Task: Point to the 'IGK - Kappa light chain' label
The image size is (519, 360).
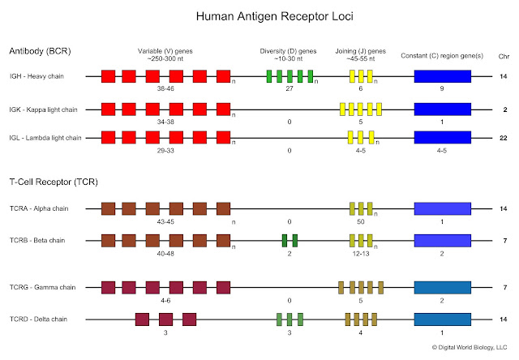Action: coord(48,108)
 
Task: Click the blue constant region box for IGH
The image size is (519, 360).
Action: coord(442,77)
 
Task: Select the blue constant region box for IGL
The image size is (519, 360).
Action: coord(442,138)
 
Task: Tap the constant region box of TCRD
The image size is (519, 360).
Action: coord(442,319)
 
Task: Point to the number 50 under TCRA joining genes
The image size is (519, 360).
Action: coord(361,221)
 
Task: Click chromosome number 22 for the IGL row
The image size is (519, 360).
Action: coord(504,138)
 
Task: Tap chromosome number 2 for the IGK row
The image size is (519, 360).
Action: coord(504,108)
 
